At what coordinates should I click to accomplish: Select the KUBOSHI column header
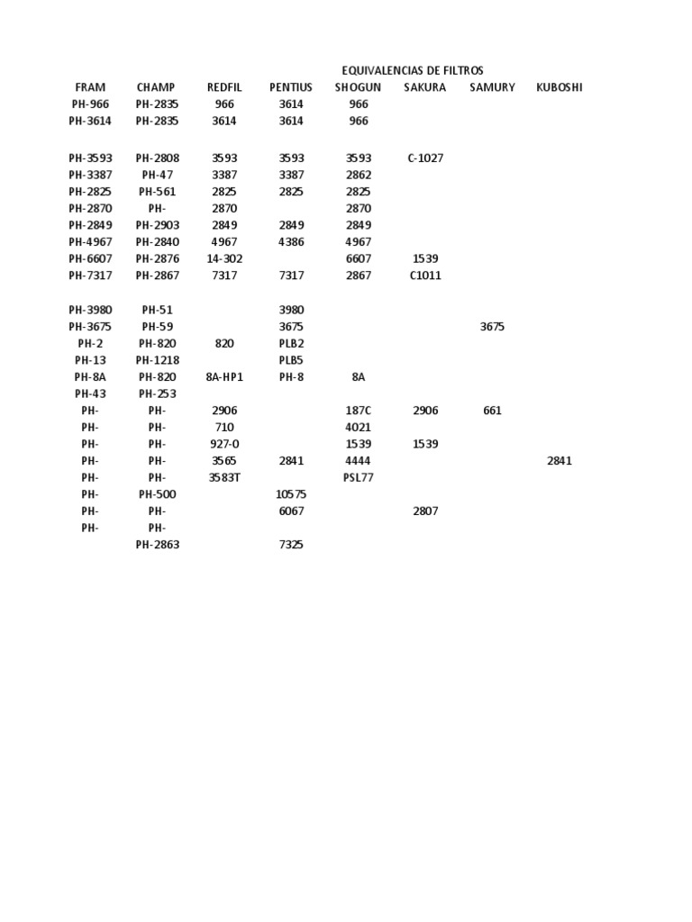click(559, 87)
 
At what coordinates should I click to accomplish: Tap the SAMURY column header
click(492, 87)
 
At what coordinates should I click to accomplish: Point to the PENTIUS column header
click(291, 87)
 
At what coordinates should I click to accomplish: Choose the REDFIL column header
click(224, 87)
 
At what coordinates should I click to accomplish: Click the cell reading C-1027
click(425, 158)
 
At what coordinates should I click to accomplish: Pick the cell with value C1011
click(425, 276)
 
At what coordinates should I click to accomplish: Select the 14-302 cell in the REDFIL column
click(224, 259)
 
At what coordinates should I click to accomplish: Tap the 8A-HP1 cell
click(224, 377)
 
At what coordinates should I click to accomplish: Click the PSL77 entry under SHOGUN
click(359, 478)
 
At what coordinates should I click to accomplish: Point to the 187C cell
click(359, 411)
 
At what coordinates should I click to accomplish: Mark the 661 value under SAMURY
click(492, 411)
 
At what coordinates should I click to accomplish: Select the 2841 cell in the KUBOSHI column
click(559, 461)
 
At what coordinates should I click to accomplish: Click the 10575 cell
click(291, 494)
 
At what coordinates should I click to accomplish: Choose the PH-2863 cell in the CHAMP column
click(158, 545)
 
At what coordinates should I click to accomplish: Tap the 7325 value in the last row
click(291, 545)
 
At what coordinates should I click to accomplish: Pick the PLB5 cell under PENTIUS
click(291, 360)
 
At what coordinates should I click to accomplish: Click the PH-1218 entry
click(158, 360)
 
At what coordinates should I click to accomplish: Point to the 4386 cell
click(291, 242)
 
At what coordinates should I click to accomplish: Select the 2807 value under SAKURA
click(425, 511)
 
